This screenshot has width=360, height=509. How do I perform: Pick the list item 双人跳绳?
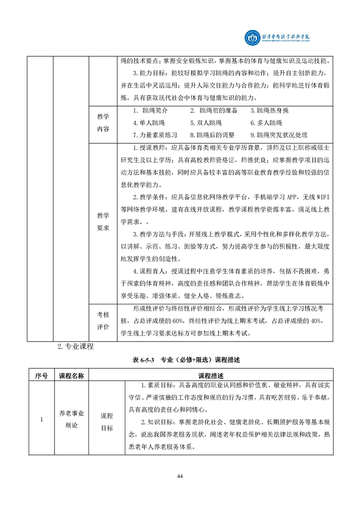coord(206,123)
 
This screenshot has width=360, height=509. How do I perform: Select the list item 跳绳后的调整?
coord(212,135)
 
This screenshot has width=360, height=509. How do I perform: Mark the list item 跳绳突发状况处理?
coord(279,135)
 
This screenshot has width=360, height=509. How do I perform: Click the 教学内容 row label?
coord(103,123)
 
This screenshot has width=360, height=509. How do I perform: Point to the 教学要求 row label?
coord(103,222)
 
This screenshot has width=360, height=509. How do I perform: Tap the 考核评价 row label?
coord(103,321)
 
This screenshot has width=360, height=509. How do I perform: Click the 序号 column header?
coord(40,376)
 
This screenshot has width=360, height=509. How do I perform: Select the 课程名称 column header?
coord(72,376)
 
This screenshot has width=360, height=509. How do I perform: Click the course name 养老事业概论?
coord(72,419)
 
